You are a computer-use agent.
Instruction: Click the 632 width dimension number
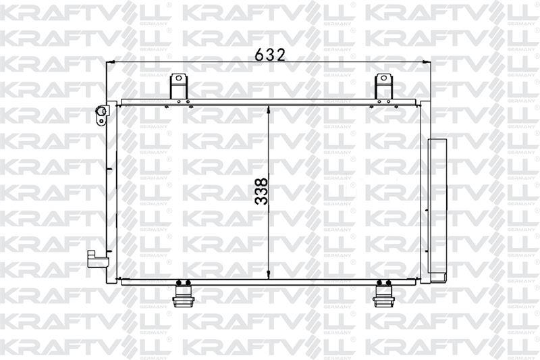click(270, 55)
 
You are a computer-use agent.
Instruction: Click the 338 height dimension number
click(262, 191)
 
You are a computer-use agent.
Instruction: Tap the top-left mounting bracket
click(178, 87)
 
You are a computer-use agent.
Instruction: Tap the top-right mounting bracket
click(383, 87)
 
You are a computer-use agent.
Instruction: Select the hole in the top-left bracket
click(178, 78)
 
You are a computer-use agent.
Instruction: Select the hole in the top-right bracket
click(383, 78)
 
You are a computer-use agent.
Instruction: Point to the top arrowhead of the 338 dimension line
click(269, 109)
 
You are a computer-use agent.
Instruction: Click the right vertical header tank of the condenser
click(423, 192)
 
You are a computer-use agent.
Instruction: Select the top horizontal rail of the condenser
click(270, 103)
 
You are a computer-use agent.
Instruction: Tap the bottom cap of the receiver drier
click(437, 277)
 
